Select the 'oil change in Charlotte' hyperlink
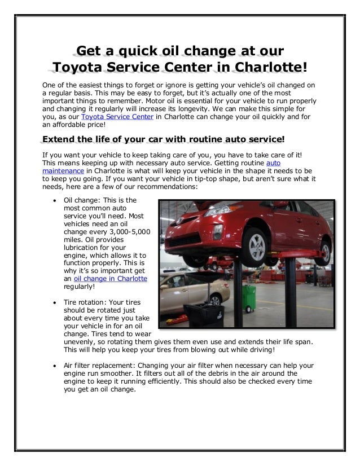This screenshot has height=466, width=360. click(111, 278)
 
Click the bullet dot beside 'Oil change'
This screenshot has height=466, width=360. click(53, 200)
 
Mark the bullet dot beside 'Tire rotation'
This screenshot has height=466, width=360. click(53, 302)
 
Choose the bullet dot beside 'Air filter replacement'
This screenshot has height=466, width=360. click(53, 364)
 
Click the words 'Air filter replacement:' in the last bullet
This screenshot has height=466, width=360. click(98, 364)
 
